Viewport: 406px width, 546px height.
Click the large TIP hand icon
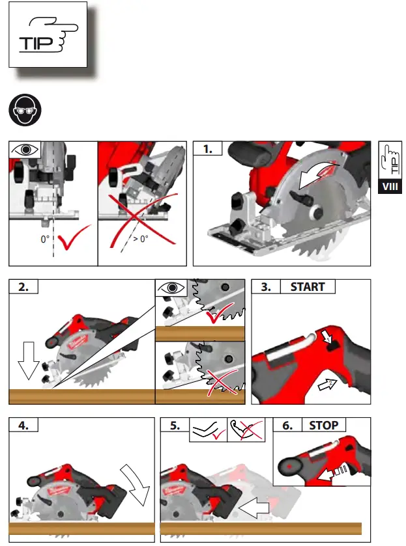pos(48,35)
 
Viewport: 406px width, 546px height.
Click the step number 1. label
pos(208,149)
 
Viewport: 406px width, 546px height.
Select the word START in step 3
pos(308,287)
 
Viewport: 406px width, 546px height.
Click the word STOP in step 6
pos(323,425)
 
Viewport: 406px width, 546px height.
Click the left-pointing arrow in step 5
pos(255,506)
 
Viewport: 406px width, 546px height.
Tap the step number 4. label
pos(23,426)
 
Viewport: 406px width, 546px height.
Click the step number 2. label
pos(23,287)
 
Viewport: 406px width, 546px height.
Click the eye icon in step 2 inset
pos(171,287)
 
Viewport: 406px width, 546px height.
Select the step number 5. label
pos(175,426)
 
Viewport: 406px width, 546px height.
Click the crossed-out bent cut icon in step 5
pos(247,429)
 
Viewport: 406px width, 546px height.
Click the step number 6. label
pos(287,425)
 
